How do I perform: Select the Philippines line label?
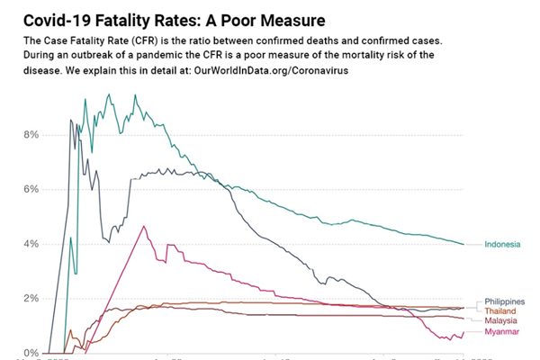click(x=504, y=301)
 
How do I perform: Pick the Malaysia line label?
click(x=501, y=321)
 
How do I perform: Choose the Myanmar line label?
click(x=501, y=333)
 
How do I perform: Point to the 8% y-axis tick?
click(x=30, y=135)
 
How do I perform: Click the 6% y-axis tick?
click(x=30, y=190)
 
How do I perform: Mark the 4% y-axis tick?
click(x=30, y=244)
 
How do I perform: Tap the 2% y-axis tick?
click(x=30, y=299)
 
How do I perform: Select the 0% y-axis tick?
click(x=30, y=353)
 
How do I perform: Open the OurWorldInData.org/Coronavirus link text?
click(x=271, y=69)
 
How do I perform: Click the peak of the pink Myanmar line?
click(x=143, y=226)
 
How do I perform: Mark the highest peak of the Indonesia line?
click(x=109, y=94)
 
